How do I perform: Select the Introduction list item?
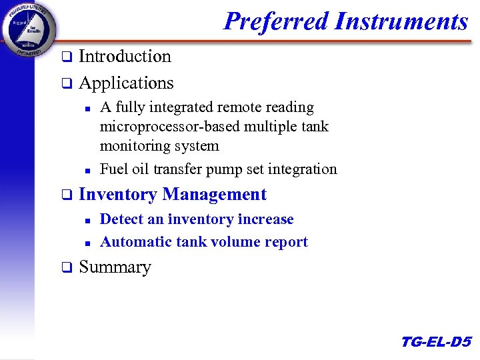(125, 57)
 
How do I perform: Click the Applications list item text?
(126, 83)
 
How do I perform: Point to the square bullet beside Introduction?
(66, 57)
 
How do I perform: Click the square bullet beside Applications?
(66, 84)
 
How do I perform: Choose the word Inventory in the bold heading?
(117, 195)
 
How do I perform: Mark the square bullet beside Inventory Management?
(66, 195)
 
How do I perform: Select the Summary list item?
(115, 267)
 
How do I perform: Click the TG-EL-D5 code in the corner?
(436, 342)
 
